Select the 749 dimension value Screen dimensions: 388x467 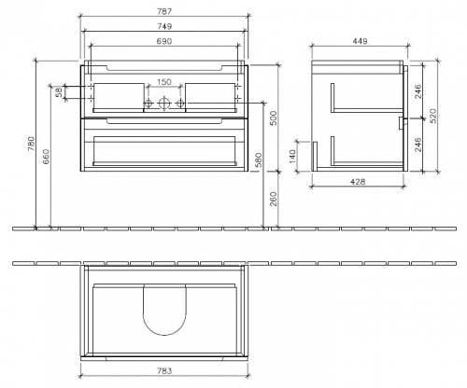[166, 28]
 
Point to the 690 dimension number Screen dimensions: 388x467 [166, 43]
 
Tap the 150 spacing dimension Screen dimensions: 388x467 [165, 80]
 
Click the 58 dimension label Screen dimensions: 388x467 [58, 91]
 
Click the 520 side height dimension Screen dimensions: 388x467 [432, 116]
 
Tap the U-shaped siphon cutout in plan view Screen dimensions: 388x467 [165, 311]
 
